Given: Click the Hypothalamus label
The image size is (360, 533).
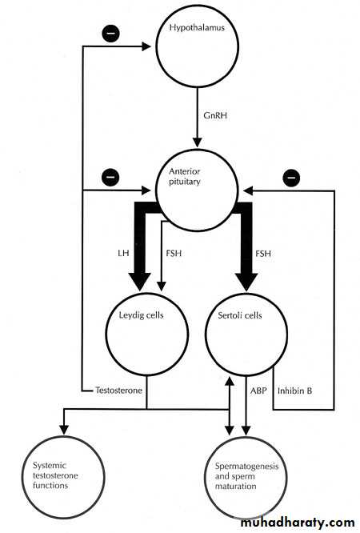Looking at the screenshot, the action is [x=197, y=27].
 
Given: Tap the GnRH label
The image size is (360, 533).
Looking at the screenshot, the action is [x=215, y=115].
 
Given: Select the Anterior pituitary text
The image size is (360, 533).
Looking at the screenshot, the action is [x=185, y=176].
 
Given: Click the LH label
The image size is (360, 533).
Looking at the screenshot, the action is [x=123, y=253].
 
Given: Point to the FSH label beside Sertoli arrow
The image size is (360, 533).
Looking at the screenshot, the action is [x=262, y=253].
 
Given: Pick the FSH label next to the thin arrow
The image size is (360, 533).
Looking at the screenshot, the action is [x=174, y=253].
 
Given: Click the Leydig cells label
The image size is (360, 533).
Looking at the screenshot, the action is [x=141, y=315].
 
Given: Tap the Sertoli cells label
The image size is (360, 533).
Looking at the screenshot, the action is [x=240, y=315].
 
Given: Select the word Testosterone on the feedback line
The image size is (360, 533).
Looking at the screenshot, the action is [x=118, y=391].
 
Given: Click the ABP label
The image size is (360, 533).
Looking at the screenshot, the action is [x=258, y=391].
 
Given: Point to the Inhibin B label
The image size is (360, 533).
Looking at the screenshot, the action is [x=294, y=391].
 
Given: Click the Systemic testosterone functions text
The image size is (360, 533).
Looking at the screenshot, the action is [x=55, y=475].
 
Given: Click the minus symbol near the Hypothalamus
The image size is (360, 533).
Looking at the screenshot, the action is [x=111, y=34].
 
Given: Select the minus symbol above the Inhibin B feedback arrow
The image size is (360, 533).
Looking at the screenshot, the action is [x=291, y=178].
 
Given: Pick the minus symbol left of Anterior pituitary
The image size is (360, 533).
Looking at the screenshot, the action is [x=110, y=177].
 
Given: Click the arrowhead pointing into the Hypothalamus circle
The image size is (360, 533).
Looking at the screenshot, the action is [x=146, y=46].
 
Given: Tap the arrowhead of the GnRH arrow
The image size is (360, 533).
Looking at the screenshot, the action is [x=197, y=142].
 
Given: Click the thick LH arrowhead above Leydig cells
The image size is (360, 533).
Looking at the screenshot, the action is [x=140, y=282].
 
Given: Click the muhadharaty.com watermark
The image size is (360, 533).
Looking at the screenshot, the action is [x=298, y=522].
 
